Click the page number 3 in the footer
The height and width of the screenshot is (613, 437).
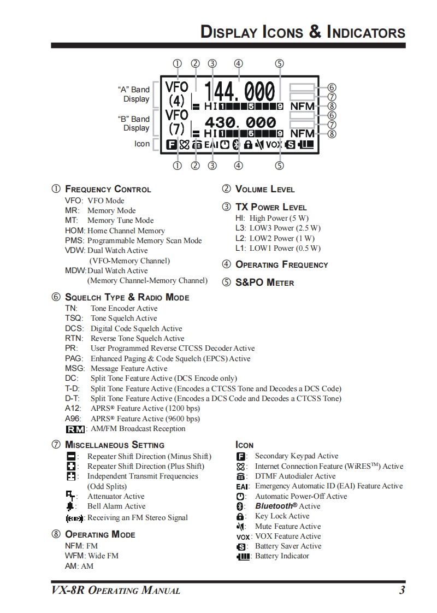(402, 590)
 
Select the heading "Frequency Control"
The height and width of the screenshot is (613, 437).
(108, 190)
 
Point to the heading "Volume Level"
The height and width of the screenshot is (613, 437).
(264, 190)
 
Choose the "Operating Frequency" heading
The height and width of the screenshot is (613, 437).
(281, 265)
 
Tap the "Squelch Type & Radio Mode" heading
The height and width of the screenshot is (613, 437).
(127, 298)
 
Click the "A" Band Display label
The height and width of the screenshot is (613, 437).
(133, 94)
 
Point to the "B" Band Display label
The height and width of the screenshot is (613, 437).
(133, 123)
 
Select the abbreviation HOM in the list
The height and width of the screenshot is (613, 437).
(74, 231)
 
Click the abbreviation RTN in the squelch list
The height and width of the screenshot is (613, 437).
(74, 338)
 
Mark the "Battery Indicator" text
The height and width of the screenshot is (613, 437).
(282, 556)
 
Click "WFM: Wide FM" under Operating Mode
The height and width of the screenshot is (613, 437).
(92, 556)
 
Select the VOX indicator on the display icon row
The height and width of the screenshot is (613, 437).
(274, 145)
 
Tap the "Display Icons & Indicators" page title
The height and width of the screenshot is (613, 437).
(303, 32)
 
